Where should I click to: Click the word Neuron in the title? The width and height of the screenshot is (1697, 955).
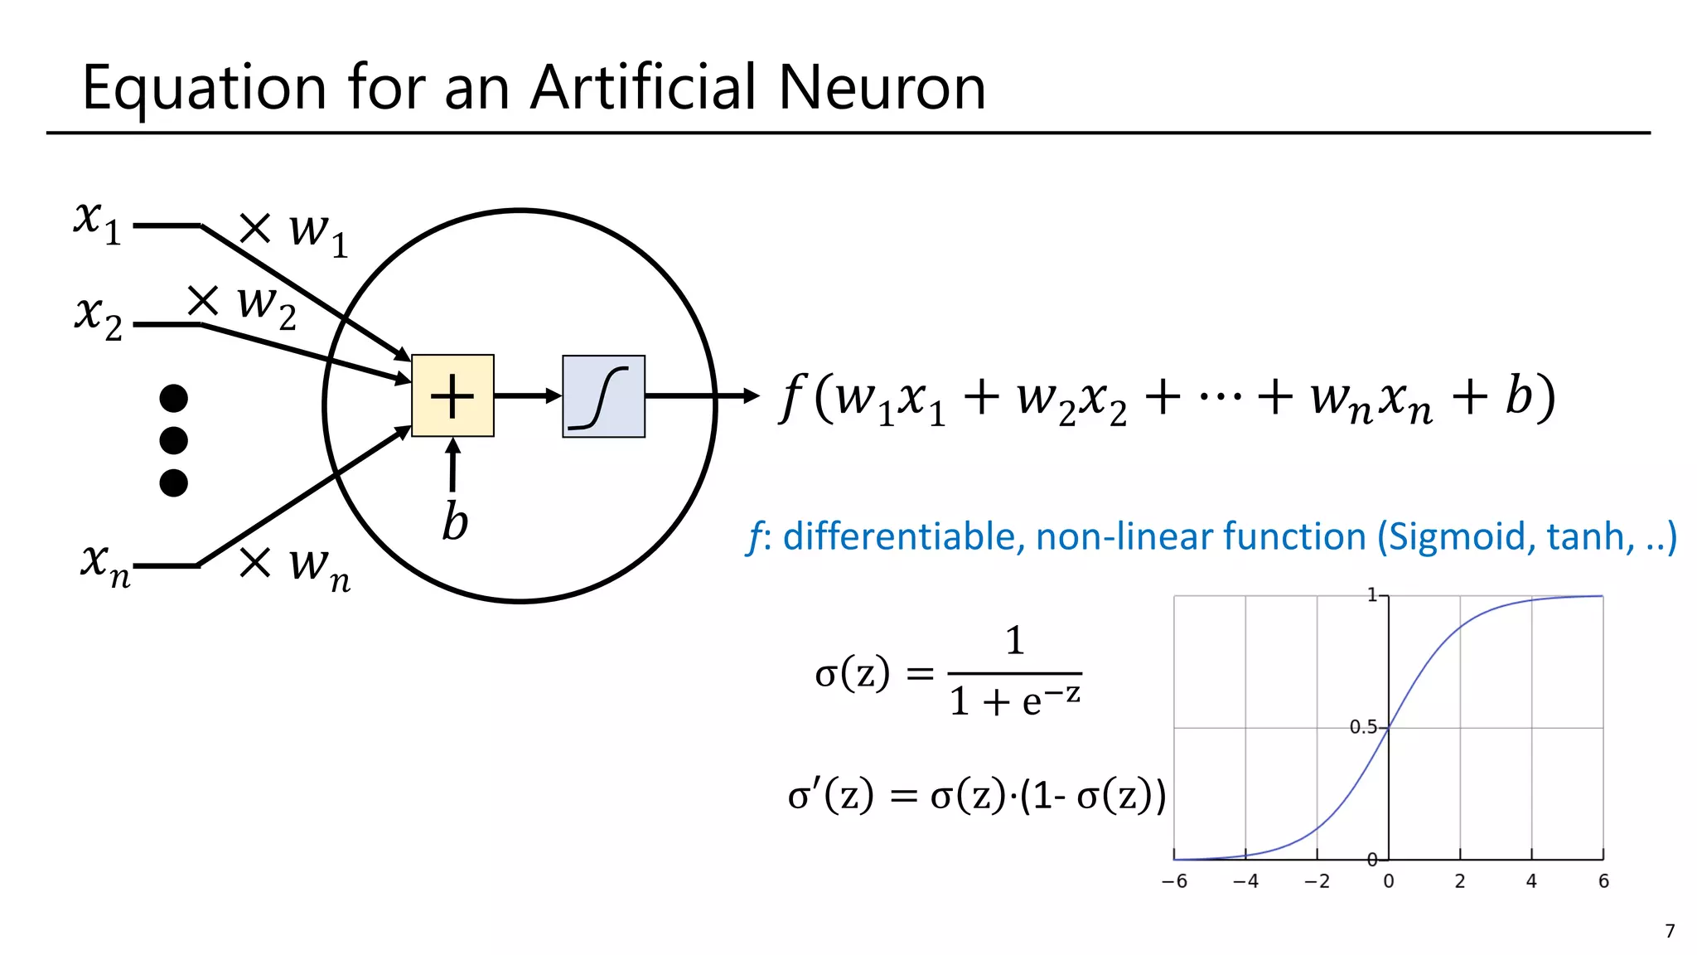(882, 87)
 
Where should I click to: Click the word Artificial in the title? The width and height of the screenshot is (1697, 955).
(644, 87)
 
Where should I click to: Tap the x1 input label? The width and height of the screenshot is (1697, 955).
(97, 222)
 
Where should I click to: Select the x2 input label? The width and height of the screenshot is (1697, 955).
(99, 318)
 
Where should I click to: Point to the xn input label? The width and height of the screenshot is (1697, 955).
(105, 564)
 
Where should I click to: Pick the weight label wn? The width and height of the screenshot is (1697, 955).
(319, 567)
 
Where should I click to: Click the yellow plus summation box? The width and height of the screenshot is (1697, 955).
(452, 395)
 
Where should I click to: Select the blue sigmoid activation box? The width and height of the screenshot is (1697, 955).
(603, 396)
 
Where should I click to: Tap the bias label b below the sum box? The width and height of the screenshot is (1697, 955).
(454, 521)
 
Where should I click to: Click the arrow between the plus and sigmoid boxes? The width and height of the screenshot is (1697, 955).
(528, 395)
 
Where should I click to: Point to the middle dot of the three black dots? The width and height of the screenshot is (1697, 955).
(173, 440)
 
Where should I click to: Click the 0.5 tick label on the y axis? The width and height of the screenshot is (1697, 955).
(1362, 727)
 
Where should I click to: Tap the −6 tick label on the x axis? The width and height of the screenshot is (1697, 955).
(1173, 881)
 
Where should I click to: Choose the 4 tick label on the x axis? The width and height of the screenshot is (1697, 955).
(1531, 881)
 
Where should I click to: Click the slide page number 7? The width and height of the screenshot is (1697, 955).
(1670, 931)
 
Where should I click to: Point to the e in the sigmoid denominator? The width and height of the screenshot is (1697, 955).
(1032, 703)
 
